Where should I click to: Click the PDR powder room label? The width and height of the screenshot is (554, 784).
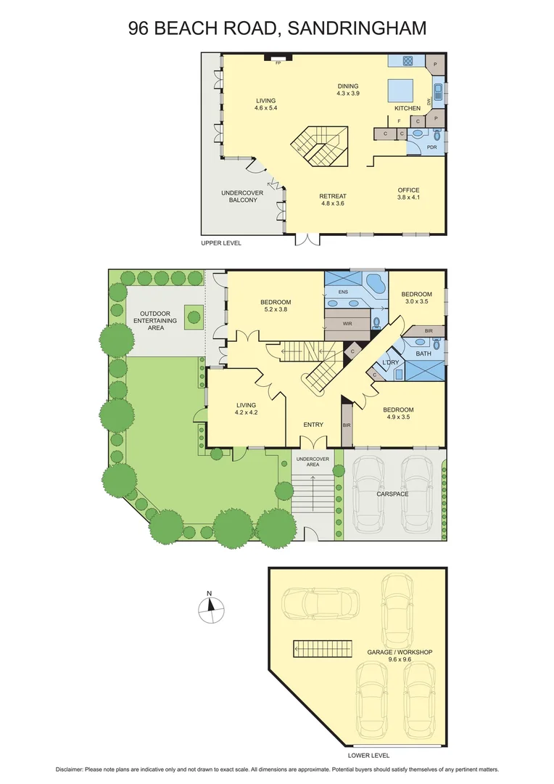tap(432, 147)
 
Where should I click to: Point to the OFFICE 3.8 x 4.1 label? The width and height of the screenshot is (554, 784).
tap(408, 194)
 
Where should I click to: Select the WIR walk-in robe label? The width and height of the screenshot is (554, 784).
tap(347, 324)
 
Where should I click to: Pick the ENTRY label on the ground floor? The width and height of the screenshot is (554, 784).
tap(313, 425)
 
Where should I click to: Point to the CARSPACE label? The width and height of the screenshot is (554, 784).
tap(392, 494)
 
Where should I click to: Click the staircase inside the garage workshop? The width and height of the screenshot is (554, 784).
tap(323, 648)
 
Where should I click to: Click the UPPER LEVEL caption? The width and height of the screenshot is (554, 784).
tap(220, 243)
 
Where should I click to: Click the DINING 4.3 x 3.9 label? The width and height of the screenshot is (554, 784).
tap(347, 90)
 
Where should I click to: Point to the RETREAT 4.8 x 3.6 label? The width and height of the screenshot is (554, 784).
tap(333, 200)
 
